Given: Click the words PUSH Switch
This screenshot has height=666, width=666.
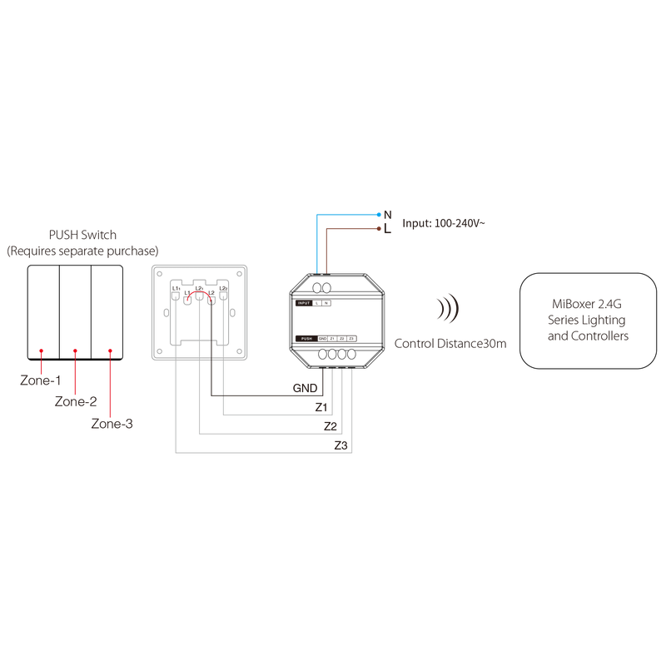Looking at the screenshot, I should [81, 236].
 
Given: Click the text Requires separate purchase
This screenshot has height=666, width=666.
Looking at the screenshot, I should [82, 251].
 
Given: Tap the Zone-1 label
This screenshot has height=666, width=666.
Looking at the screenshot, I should [40, 380].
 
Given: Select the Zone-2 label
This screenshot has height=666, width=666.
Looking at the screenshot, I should [76, 401].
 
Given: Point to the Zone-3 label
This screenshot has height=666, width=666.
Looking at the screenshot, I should [112, 424].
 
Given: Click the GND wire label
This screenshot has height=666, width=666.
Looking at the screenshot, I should [304, 389].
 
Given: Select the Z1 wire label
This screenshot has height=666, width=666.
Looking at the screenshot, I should [321, 407].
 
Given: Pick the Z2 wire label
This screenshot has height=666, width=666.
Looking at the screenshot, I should [331, 425].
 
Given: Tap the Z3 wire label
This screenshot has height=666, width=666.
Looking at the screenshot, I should [340, 445].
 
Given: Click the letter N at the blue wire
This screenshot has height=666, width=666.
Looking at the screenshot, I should [388, 215].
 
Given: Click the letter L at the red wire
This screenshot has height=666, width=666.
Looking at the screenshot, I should [388, 227].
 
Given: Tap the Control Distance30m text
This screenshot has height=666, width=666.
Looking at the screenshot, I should [450, 343].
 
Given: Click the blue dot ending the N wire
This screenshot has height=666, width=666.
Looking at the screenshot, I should [380, 215].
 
